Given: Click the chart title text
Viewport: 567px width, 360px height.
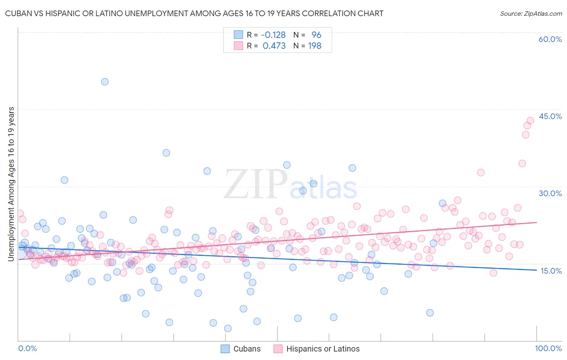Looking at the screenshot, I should pyautogui.click(x=193, y=13).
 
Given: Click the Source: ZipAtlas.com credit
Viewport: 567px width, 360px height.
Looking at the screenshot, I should pyautogui.click(x=531, y=13).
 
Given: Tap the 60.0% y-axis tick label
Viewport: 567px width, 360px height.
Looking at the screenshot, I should pyautogui.click(x=550, y=39).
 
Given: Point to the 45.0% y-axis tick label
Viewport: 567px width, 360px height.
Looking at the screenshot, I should pyautogui.click(x=550, y=116).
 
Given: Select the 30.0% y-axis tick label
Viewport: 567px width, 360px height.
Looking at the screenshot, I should pyautogui.click(x=550, y=193).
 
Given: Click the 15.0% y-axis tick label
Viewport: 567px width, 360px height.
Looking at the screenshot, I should pyautogui.click(x=551, y=271).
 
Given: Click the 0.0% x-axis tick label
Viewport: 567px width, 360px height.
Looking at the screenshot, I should pyautogui.click(x=28, y=348).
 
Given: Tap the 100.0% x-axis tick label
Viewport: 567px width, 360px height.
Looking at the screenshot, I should pyautogui.click(x=548, y=348).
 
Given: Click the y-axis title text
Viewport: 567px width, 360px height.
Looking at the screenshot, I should pyautogui.click(x=11, y=184).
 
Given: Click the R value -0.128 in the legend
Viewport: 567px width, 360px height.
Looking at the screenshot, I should pyautogui.click(x=274, y=35).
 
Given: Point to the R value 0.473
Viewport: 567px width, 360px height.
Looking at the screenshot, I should pyautogui.click(x=274, y=46).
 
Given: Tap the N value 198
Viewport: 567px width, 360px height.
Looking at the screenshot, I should pyautogui.click(x=315, y=46).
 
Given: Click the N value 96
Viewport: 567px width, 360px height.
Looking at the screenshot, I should pyautogui.click(x=316, y=35).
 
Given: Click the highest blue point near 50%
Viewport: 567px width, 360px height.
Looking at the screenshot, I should pyautogui.click(x=105, y=82).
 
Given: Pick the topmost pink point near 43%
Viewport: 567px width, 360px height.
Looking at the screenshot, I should pyautogui.click(x=530, y=120).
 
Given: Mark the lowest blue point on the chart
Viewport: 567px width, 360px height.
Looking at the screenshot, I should pyautogui.click(x=228, y=329).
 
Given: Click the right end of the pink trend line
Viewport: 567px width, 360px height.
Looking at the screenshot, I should pyautogui.click(x=537, y=222).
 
